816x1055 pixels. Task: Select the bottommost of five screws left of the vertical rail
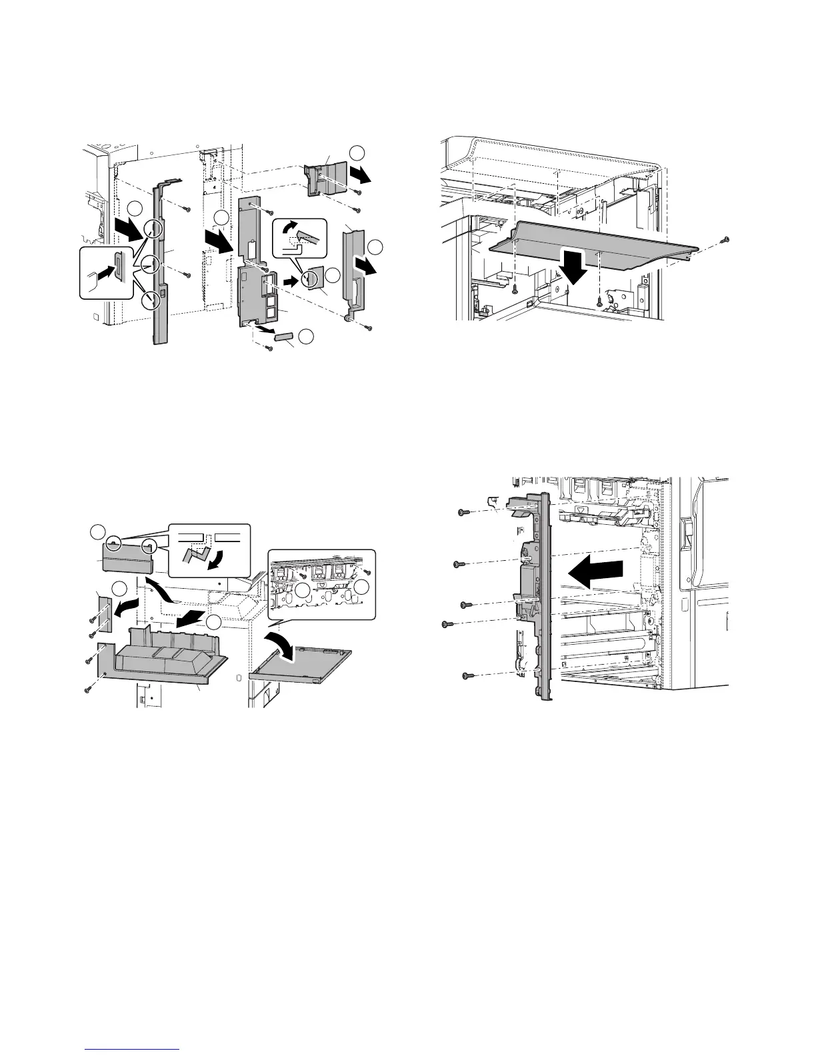pos(467,677)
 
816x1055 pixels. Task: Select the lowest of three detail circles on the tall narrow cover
pos(153,300)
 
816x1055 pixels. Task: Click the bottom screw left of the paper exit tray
pos(87,689)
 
